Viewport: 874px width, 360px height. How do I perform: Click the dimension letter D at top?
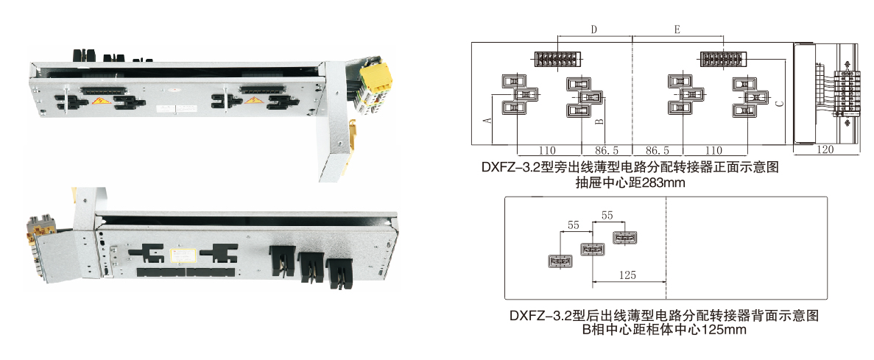594,29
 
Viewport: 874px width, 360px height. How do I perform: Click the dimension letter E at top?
677,29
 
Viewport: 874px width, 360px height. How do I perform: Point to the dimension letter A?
487,120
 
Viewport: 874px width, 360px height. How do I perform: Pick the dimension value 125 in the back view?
628,275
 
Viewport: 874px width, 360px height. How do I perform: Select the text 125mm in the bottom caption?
725,330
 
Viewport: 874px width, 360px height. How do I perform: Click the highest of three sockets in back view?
624,238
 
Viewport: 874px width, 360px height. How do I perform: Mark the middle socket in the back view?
592,250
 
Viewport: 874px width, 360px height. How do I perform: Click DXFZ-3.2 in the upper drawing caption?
510,167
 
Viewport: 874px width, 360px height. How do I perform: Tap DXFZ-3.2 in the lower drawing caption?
540,316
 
